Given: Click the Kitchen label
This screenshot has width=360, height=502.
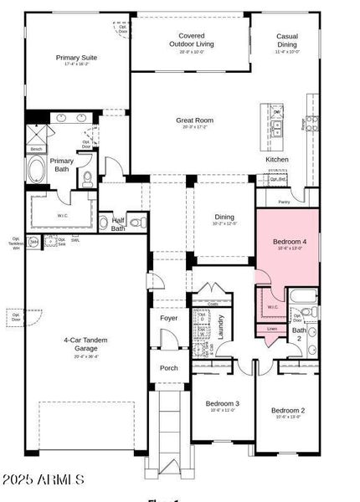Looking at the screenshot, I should [x=277, y=159].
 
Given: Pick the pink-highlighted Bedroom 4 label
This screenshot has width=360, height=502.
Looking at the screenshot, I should [x=287, y=243].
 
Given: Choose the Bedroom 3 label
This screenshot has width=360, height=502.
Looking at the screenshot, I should [x=223, y=403].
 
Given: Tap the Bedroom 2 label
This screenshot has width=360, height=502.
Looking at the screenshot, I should [x=287, y=410].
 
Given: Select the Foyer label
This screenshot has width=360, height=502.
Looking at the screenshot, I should [x=168, y=318].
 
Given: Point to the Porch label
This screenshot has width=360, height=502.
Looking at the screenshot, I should [x=168, y=367].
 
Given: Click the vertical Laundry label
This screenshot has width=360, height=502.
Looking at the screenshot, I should [x=220, y=324].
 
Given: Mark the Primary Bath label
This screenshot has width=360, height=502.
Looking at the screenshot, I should [x=62, y=165].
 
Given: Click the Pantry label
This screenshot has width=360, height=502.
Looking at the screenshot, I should [x=284, y=202].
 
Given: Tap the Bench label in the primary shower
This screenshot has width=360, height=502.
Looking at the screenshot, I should [x=36, y=149].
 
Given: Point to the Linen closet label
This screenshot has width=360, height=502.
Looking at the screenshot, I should [x=272, y=329].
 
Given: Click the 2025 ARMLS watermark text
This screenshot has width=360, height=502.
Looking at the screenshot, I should [x=44, y=480].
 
